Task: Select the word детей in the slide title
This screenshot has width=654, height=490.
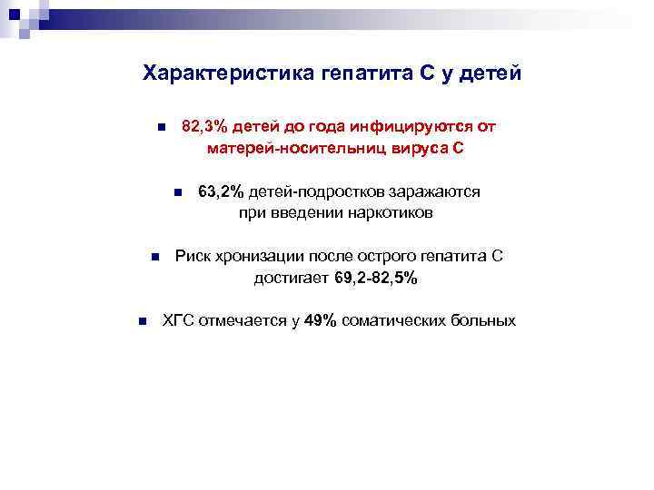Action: (x=490, y=73)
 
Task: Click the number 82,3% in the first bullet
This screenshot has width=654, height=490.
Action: (x=204, y=126)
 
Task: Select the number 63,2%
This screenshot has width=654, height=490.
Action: (x=222, y=191)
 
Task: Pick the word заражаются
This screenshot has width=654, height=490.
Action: (x=435, y=191)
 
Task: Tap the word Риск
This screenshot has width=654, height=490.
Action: (x=192, y=257)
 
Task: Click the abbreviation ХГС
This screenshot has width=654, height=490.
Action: (x=177, y=320)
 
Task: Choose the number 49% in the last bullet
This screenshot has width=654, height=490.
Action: (x=321, y=320)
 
